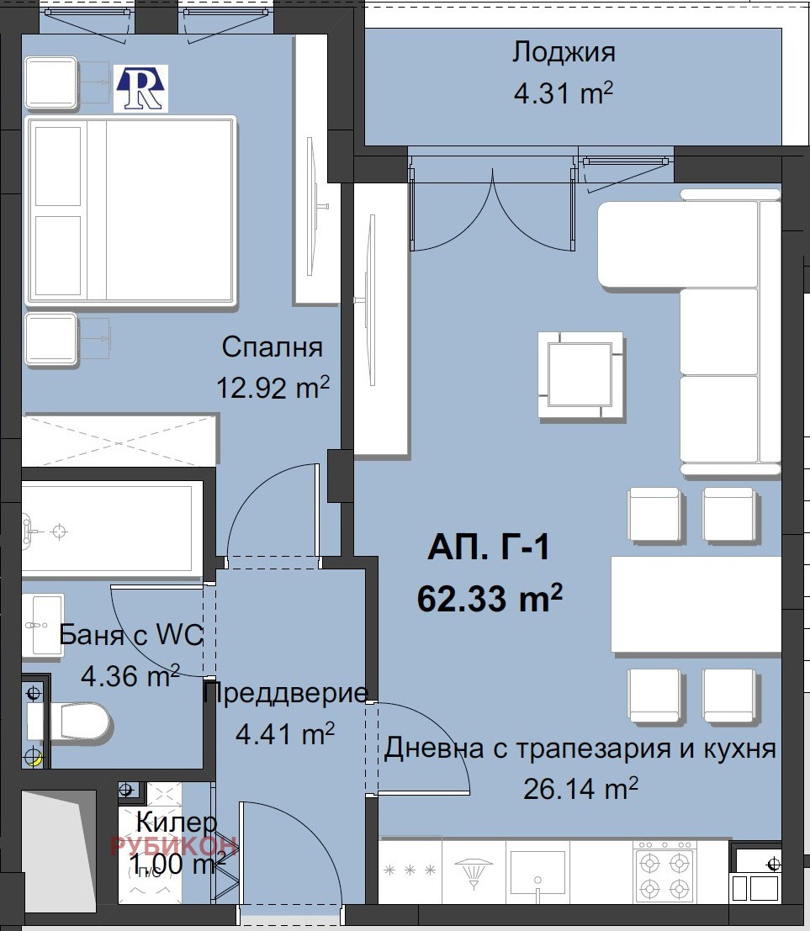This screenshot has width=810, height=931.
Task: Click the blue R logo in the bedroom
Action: [141, 88]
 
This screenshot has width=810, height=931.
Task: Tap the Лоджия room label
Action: [564, 52]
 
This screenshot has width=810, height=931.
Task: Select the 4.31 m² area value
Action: [563, 92]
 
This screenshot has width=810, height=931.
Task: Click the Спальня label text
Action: [272, 346]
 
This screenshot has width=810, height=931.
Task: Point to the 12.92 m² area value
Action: [272, 388]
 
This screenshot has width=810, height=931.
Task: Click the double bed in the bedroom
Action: [130, 210]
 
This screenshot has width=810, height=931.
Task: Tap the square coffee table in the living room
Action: [581, 374]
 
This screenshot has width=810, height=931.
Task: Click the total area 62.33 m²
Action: [489, 600]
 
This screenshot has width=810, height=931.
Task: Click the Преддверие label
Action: [285, 693]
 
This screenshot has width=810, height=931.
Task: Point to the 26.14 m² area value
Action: [580, 789]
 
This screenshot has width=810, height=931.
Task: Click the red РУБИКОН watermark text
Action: [173, 845]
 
